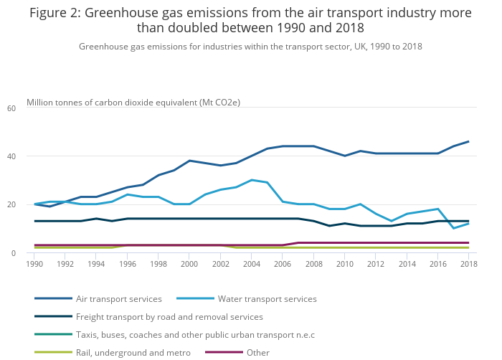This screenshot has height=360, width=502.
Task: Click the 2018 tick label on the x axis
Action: pyautogui.click(x=468, y=264)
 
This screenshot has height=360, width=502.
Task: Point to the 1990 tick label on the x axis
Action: pyautogui.click(x=34, y=264)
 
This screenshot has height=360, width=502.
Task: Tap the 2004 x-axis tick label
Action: pyautogui.click(x=251, y=264)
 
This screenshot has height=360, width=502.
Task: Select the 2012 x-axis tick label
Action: pyautogui.click(x=375, y=264)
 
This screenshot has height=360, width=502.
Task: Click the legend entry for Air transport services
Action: pyautogui.click(x=118, y=298)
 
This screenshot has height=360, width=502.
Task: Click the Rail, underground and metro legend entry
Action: pyautogui.click(x=133, y=352)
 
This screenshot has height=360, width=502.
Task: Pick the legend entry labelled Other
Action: pyautogui.click(x=257, y=352)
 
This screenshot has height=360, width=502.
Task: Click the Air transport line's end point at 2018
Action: pyautogui.click(x=468, y=141)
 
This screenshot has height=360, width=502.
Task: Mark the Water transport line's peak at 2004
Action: pyautogui.click(x=251, y=180)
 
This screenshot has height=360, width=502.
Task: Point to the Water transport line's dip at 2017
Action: pyautogui.click(x=453, y=228)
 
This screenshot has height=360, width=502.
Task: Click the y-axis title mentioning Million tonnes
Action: pyautogui.click(x=133, y=103)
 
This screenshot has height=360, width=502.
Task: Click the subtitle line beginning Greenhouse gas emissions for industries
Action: pyautogui.click(x=250, y=47)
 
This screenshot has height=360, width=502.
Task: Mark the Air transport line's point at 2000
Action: pyautogui.click(x=189, y=161)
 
